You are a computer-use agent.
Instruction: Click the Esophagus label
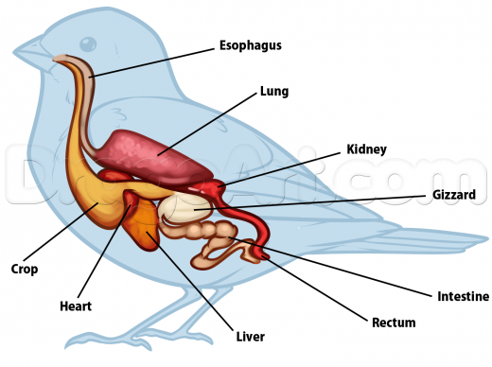coord(251,45)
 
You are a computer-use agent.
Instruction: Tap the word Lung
coord(274,92)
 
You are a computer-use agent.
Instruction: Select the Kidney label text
coord(367,149)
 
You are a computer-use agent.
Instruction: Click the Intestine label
coord(463,296)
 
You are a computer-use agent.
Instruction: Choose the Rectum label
coord(394,323)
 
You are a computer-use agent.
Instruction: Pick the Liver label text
coord(250,337)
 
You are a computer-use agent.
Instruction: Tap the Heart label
coord(75,306)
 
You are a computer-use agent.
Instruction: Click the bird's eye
coord(88,44)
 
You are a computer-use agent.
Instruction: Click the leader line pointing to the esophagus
coord(151,59)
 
